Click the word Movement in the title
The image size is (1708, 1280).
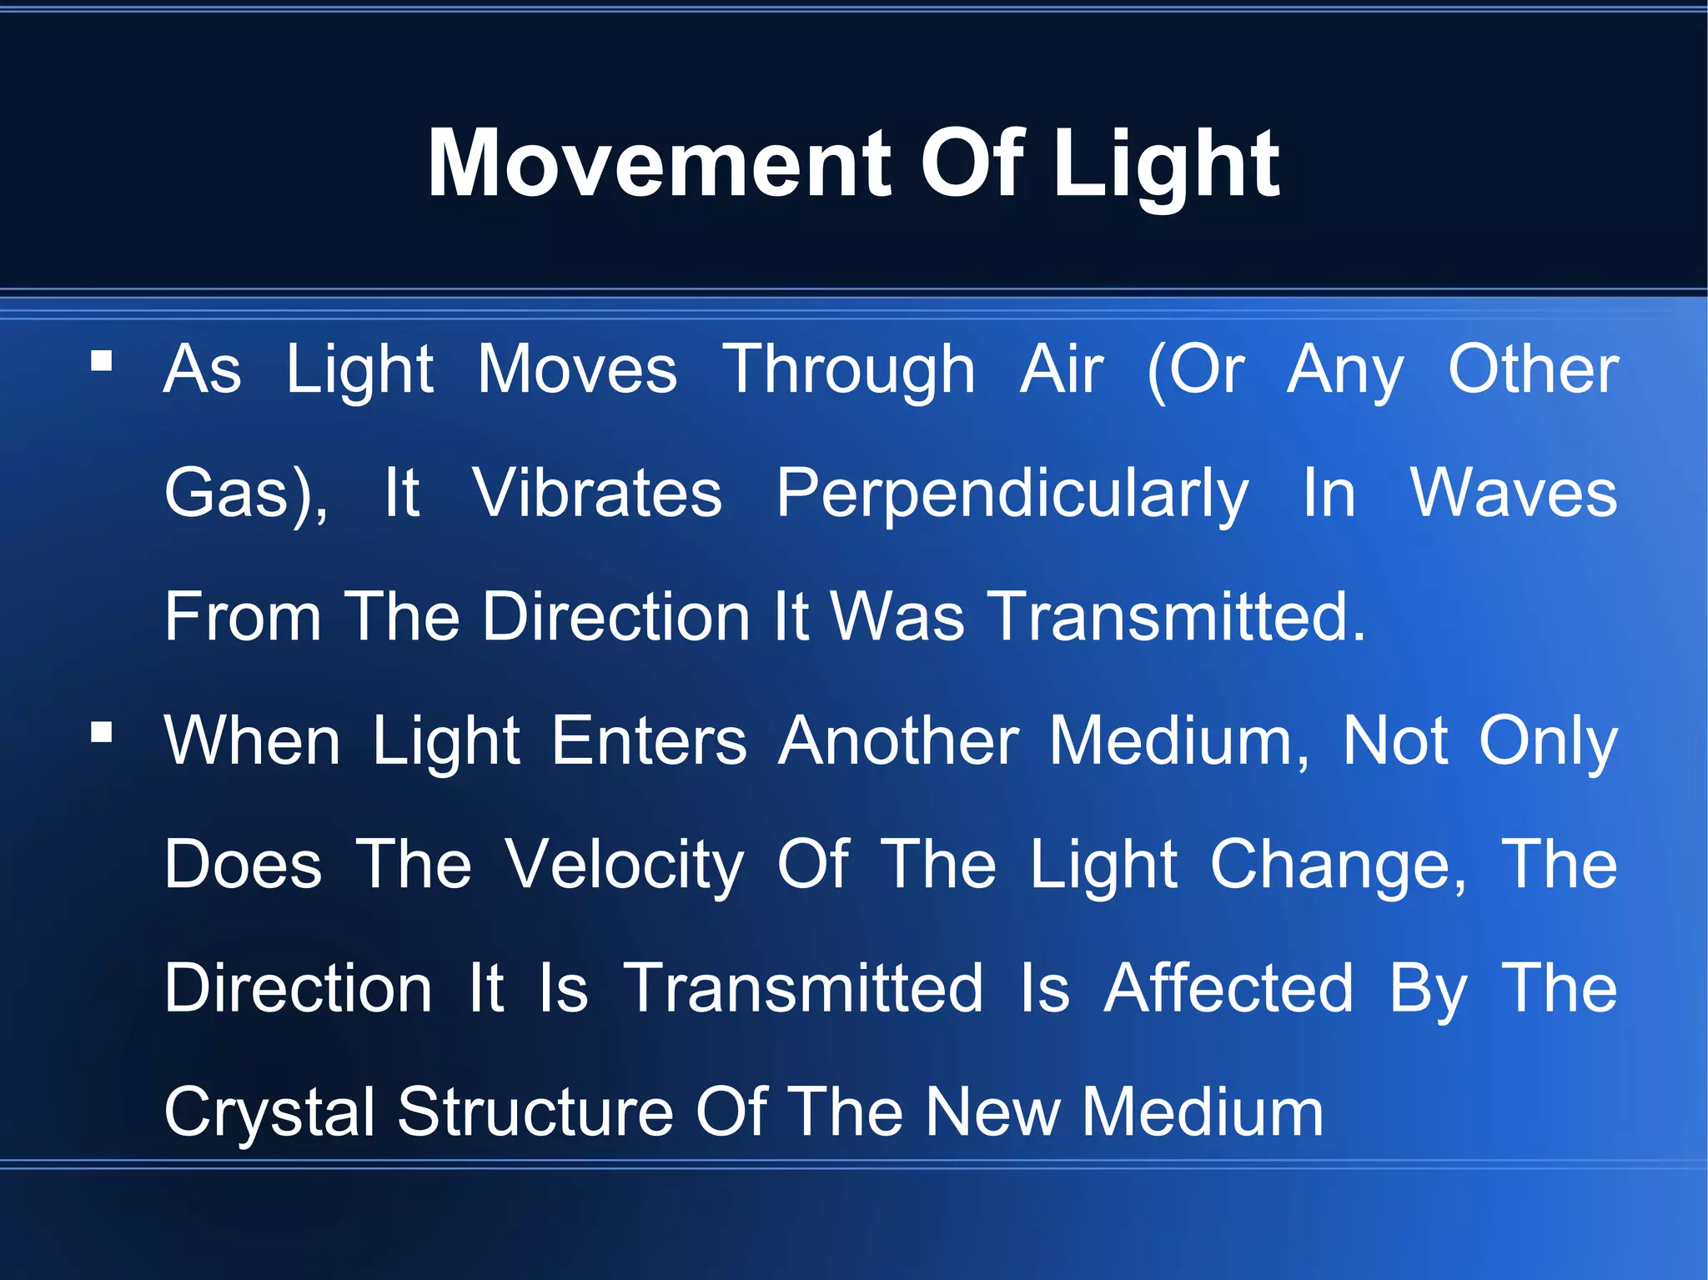coord(661,163)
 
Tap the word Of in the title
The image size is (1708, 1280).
coord(972,163)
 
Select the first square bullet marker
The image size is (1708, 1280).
coord(102,360)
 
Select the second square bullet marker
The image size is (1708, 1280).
coord(102,732)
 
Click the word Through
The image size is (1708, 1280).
coord(849,369)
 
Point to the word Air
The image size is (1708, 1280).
coord(1062,369)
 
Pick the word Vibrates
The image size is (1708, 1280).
coord(597,494)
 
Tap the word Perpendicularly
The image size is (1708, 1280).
coord(1012,494)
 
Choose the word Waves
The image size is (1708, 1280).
coord(1514,494)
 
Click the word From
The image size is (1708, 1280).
coord(243,617)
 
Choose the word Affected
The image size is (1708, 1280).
coord(1228,988)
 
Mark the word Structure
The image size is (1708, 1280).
coord(535,1112)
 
